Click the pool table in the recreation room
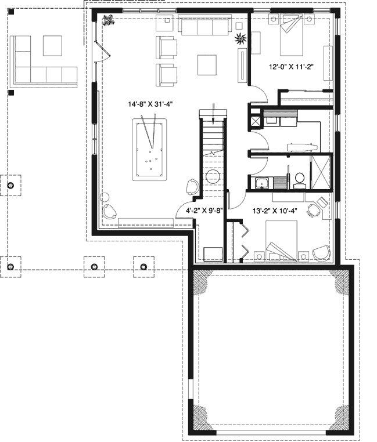coord(149,147)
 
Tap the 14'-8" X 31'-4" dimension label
coord(151,104)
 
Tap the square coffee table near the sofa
coord(208,64)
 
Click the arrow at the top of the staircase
coord(214,114)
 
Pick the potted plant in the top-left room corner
coord(107,21)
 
